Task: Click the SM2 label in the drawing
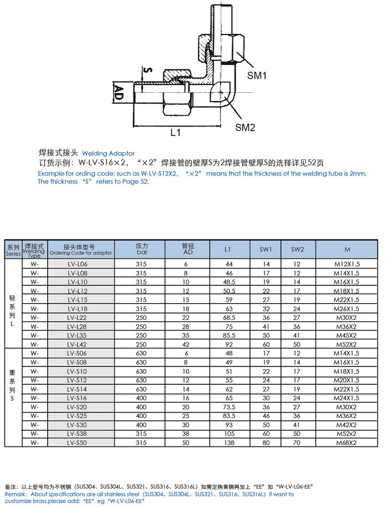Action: click(x=245, y=127)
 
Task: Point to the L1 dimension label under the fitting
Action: click(x=176, y=133)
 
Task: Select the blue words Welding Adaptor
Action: click(x=108, y=153)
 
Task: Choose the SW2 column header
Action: click(x=297, y=249)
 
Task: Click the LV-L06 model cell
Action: click(x=80, y=264)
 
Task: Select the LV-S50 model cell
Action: click(x=80, y=442)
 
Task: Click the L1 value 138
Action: click(x=228, y=442)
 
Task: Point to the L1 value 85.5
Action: click(x=228, y=335)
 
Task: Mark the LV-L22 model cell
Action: click(x=80, y=318)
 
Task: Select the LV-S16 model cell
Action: click(x=80, y=398)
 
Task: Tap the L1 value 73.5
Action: click(x=228, y=406)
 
